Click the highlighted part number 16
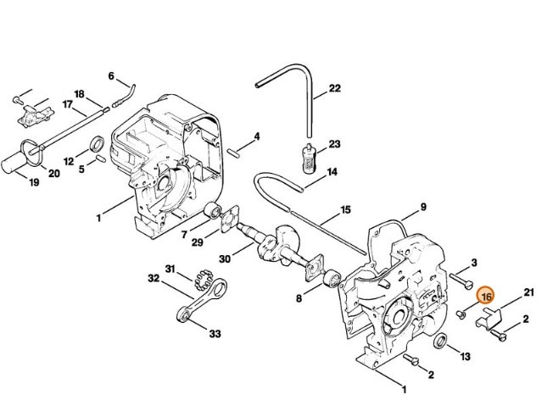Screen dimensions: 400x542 coord(486,297)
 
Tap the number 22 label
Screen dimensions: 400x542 coord(334,88)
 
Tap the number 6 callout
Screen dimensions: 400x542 coord(111,75)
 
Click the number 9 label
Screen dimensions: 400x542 coord(422,207)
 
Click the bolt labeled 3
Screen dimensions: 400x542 coord(461,276)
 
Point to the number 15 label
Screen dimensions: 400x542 coord(345,209)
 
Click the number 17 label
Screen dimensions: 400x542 coord(67,104)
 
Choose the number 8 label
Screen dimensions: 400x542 coord(299,298)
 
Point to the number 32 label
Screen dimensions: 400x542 coord(154,278)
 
